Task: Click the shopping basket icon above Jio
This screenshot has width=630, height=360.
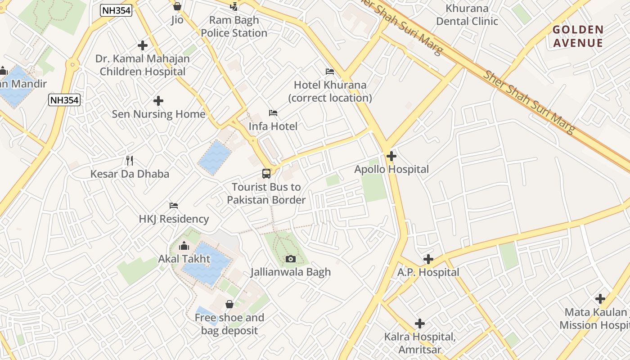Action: (177, 6)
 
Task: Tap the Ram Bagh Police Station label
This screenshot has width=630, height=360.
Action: (234, 27)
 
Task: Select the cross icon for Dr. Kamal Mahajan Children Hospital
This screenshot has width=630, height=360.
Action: (143, 45)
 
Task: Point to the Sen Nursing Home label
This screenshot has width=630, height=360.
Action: (158, 114)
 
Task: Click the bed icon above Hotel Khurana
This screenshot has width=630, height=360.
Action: (330, 72)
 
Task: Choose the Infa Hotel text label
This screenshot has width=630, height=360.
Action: (273, 126)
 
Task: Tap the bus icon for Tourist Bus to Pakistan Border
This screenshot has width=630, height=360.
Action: (266, 173)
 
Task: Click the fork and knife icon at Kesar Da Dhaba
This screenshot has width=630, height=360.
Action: (130, 160)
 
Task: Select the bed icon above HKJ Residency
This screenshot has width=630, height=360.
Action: (174, 206)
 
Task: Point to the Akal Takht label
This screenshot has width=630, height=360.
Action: (184, 259)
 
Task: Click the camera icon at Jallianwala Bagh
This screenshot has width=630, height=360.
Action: (291, 259)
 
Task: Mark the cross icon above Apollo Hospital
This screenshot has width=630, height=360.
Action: (391, 156)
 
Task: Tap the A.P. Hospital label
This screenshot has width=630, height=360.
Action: (428, 272)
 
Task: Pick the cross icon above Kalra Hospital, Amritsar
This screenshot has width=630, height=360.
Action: (420, 324)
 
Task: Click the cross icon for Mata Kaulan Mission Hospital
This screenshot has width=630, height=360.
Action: (600, 299)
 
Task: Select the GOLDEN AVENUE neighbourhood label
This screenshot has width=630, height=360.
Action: (578, 36)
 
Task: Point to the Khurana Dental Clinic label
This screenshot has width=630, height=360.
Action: (467, 15)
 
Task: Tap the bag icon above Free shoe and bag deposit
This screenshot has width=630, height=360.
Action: (229, 304)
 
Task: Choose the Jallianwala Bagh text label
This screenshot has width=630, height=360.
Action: (291, 272)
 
